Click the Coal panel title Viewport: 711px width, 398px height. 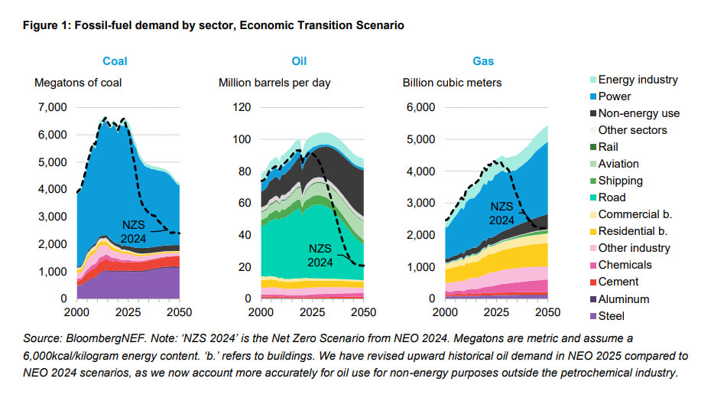116,62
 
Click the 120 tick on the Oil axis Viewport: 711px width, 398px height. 241,107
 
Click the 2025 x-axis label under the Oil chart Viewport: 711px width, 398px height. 312,312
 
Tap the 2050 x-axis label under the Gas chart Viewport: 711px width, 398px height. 547,312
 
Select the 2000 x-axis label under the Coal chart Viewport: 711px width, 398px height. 76,312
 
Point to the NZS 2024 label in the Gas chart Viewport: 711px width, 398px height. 502,213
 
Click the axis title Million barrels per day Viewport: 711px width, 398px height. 274,83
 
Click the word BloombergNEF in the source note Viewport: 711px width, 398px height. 108,338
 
